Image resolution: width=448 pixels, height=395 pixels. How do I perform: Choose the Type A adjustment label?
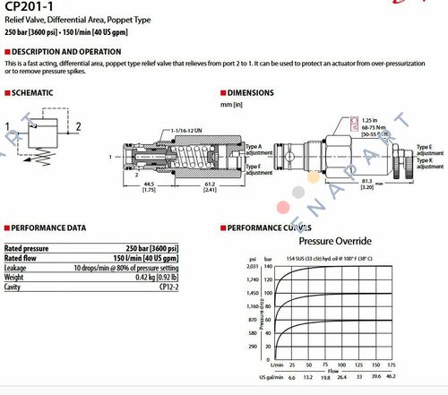coord(254,149)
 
